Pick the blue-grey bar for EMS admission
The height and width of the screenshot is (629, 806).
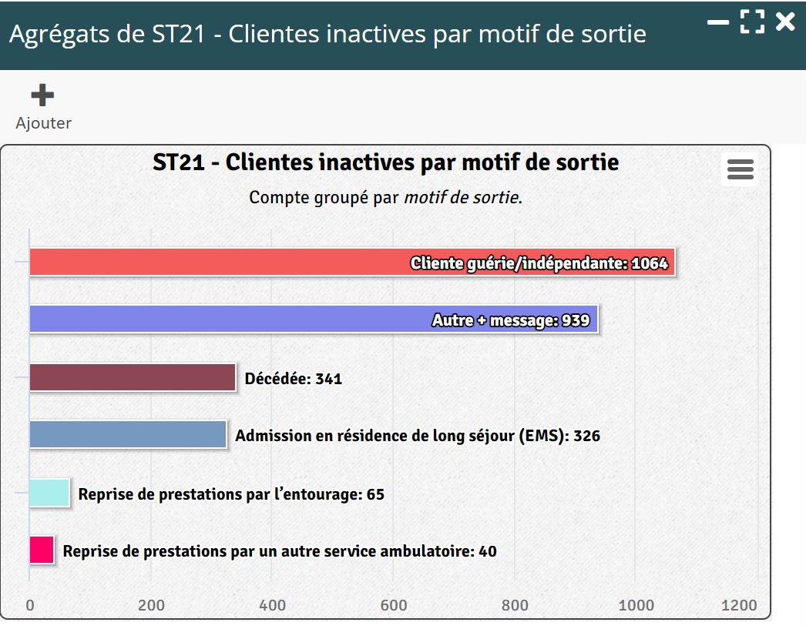click(x=128, y=434)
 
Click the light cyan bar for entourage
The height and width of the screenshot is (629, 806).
click(x=49, y=493)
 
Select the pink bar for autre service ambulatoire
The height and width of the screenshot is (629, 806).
click(x=42, y=550)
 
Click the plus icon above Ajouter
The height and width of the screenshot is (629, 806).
click(x=42, y=95)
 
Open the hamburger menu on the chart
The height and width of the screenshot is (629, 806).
click(x=740, y=169)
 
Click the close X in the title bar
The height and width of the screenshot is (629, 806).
click(x=785, y=22)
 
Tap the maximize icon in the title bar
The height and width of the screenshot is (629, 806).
click(x=752, y=22)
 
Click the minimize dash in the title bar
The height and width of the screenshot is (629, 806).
click(x=718, y=22)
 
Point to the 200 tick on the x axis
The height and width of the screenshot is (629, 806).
click(x=151, y=605)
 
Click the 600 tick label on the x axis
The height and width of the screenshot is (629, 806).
click(x=394, y=605)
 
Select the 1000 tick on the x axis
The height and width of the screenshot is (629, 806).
click(x=636, y=605)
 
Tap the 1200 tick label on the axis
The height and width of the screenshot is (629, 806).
click(x=739, y=605)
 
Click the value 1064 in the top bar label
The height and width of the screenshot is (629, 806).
click(x=649, y=263)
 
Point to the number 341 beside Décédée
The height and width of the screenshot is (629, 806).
click(x=328, y=379)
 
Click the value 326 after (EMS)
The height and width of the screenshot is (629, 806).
click(x=586, y=436)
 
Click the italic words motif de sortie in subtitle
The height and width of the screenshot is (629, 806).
click(x=461, y=197)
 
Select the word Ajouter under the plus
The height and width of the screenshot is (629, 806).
click(x=44, y=123)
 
